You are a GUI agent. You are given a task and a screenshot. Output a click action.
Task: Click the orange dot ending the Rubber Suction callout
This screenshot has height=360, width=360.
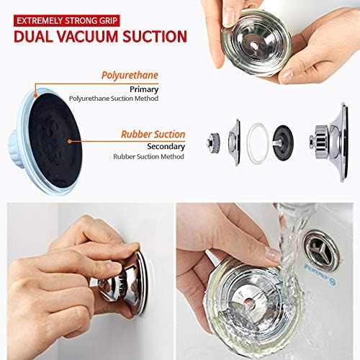[68, 140]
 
